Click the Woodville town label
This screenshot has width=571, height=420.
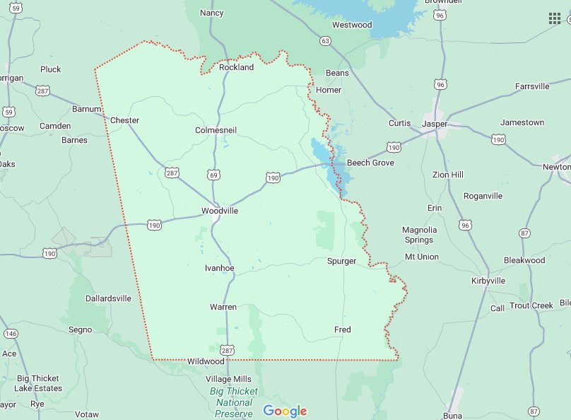pyautogui.click(x=220, y=211)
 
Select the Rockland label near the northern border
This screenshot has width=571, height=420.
pyautogui.click(x=236, y=67)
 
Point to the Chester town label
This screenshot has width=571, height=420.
pyautogui.click(x=124, y=120)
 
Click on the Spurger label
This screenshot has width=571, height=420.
pyautogui.click(x=341, y=261)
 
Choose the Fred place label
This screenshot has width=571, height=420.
pyautogui.click(x=342, y=329)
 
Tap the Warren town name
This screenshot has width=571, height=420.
pyautogui.click(x=223, y=307)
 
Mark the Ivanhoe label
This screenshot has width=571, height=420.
pyautogui.click(x=219, y=268)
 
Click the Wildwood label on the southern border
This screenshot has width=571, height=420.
pyautogui.click(x=206, y=361)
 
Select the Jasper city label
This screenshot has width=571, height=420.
pyautogui.click(x=435, y=124)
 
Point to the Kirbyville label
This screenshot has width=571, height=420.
pyautogui.click(x=488, y=281)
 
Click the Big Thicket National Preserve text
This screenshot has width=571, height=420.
pyautogui.click(x=234, y=402)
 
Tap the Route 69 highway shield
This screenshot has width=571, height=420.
pyautogui.click(x=213, y=174)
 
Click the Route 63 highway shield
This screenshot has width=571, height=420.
pyautogui.click(x=324, y=41)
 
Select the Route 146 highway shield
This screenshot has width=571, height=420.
pyautogui.click(x=11, y=333)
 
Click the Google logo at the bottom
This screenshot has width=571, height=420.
pyautogui.click(x=285, y=411)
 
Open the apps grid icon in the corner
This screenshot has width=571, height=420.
pyautogui.click(x=555, y=18)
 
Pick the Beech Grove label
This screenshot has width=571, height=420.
pyautogui.click(x=370, y=163)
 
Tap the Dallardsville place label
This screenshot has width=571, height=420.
pyautogui.click(x=108, y=298)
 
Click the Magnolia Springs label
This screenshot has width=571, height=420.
pyautogui.click(x=420, y=235)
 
